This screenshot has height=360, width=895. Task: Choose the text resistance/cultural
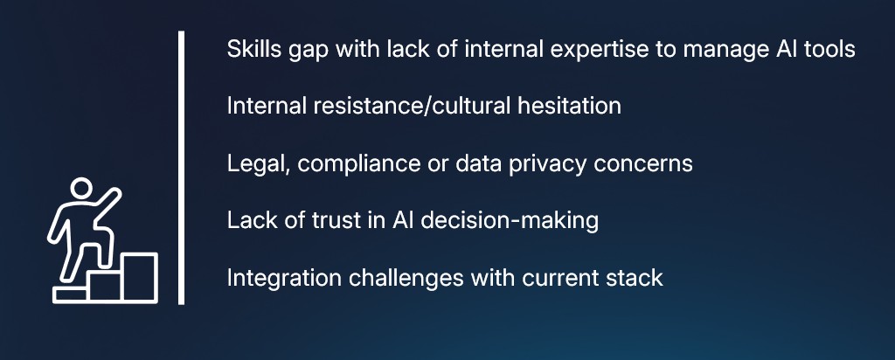(x=393, y=106)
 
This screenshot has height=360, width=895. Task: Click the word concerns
(x=649, y=163)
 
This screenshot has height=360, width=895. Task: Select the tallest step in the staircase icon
(x=139, y=276)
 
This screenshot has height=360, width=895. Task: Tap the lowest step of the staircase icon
(x=70, y=294)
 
